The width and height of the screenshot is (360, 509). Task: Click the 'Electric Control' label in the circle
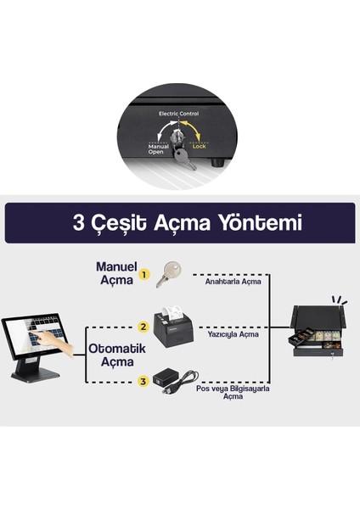tap(179, 112)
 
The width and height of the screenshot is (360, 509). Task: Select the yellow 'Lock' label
tap(199, 146)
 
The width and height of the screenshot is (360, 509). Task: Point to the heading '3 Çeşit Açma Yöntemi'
tap(179, 223)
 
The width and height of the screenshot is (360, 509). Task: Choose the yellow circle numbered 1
tap(144, 273)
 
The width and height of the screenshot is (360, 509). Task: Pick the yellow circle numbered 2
tap(144, 325)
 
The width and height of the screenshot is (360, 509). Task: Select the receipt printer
tap(176, 322)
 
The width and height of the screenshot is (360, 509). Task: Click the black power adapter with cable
tap(176, 378)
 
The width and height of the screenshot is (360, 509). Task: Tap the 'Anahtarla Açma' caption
tap(232, 282)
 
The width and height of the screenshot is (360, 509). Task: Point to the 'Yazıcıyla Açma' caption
tap(232, 334)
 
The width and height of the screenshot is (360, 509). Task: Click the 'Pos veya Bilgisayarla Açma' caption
tap(232, 392)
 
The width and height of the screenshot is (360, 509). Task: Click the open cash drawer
tap(318, 335)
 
